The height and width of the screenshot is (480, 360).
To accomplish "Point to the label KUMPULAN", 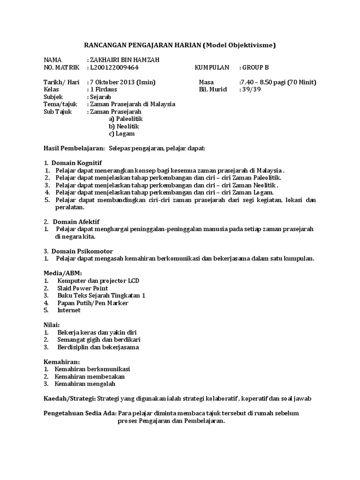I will pyautogui.click(x=212, y=67).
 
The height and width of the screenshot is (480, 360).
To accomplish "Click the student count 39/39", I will pyautogui.click(x=249, y=90).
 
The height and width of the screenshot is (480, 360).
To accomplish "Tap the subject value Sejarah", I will pyautogui.click(x=101, y=97).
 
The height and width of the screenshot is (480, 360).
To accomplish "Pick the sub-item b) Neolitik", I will pyautogui.click(x=124, y=126).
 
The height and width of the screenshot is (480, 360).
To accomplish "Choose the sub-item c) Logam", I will pyautogui.click(x=121, y=134).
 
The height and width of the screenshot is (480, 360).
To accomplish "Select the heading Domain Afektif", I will pyautogui.click(x=76, y=221).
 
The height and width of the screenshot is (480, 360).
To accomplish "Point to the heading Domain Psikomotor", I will pyautogui.click(x=82, y=251).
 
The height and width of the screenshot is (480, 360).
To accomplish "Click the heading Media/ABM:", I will pyautogui.click(x=63, y=273).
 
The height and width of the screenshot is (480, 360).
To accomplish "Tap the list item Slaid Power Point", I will pyautogui.click(x=82, y=288).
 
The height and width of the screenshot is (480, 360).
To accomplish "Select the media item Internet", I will pyautogui.click(x=69, y=310).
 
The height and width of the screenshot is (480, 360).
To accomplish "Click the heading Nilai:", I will pyautogui.click(x=52, y=325).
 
